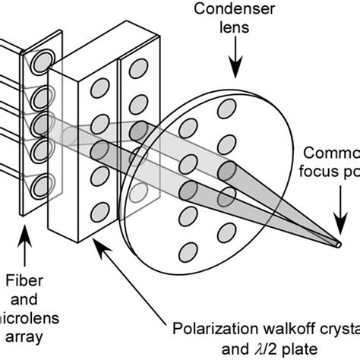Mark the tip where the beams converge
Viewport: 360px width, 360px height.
(339, 245)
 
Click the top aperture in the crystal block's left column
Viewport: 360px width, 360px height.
(98, 87)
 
